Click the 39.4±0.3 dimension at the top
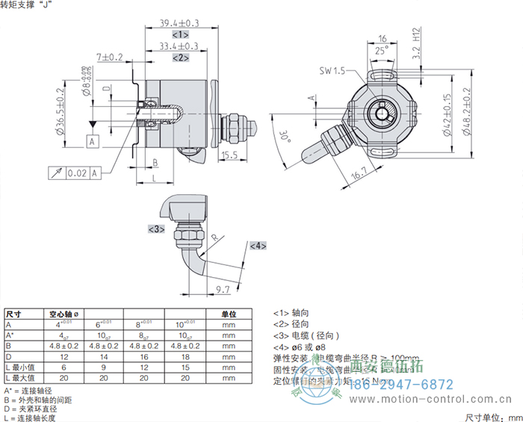tap(179, 24)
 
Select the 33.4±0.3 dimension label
tap(179, 46)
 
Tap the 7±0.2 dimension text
tap(110, 57)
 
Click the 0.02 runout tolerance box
tap(78, 173)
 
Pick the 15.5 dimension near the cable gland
tap(229, 155)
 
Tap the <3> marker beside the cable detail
tap(155, 229)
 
